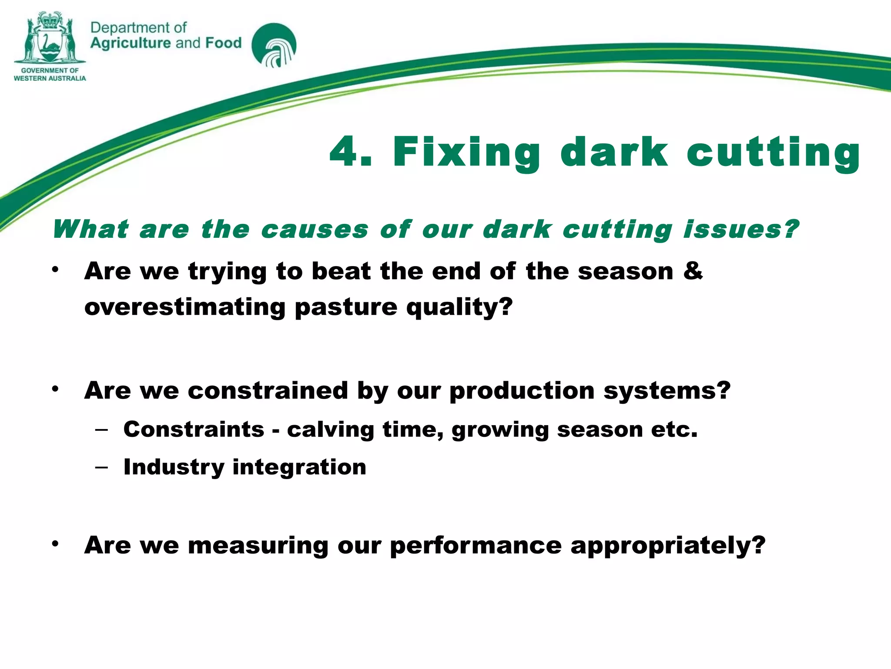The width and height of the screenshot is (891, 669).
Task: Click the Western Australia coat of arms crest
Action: (50, 38)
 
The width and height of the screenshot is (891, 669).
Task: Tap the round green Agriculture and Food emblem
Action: (274, 45)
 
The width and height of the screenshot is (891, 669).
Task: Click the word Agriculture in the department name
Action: (131, 43)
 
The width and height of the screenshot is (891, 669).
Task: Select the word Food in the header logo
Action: (223, 43)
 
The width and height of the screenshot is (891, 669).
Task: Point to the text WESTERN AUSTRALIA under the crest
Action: (50, 78)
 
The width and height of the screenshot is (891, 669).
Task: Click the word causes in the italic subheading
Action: (314, 230)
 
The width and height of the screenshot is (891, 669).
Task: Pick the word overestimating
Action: (184, 307)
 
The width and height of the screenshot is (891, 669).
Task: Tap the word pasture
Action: (346, 307)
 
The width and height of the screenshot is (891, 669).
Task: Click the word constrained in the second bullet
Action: (268, 390)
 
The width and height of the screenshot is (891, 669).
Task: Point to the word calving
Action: (330, 430)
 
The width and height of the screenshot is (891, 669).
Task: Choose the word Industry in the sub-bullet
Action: (174, 467)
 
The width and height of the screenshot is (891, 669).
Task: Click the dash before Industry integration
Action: (101, 467)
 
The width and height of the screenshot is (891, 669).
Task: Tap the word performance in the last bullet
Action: (476, 546)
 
